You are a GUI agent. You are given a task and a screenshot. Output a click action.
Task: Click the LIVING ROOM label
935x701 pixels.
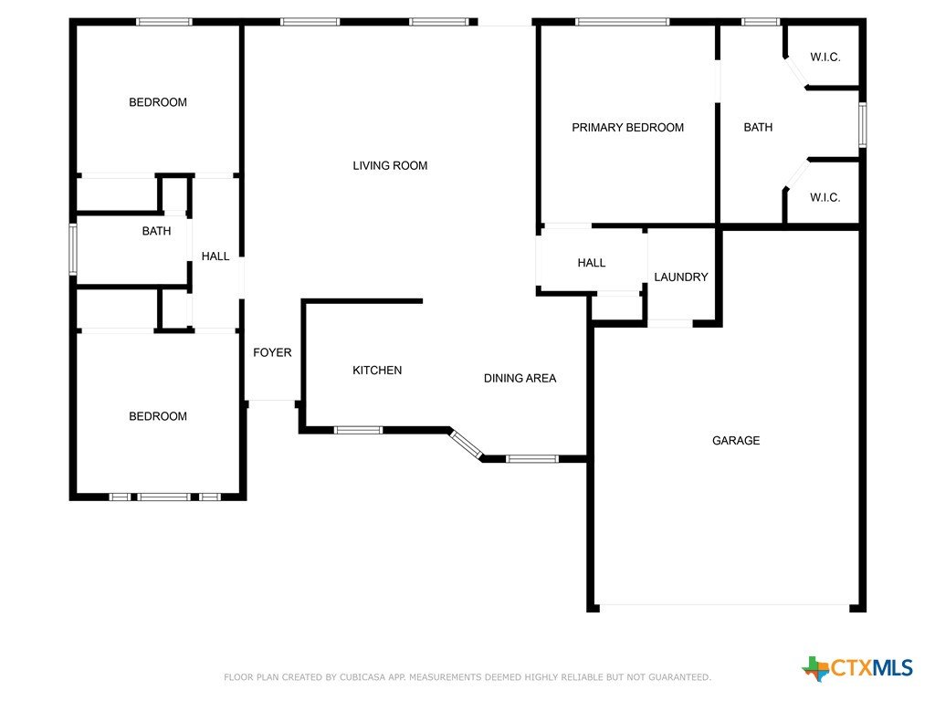click(x=390, y=166)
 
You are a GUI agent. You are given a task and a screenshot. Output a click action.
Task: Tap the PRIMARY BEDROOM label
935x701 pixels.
click(x=628, y=128)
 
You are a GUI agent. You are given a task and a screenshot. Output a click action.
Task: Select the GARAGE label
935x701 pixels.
click(x=736, y=441)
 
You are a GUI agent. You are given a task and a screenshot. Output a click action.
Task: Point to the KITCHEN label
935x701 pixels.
click(x=377, y=371)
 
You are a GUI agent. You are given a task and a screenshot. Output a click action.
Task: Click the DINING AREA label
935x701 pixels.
click(x=520, y=378)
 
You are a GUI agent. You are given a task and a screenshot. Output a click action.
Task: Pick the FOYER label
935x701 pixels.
click(x=272, y=352)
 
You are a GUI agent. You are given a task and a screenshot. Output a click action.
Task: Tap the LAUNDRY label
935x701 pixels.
click(x=681, y=277)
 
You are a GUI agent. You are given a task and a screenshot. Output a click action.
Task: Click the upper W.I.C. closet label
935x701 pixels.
click(x=825, y=58)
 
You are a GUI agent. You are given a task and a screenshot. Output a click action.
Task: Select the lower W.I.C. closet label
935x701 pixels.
click(x=825, y=197)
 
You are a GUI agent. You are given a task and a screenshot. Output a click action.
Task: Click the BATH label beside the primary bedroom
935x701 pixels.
click(x=758, y=128)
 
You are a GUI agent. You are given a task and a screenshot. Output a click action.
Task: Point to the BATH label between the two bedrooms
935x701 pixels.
click(x=156, y=231)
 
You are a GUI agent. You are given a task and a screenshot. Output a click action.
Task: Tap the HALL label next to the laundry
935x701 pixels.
click(x=592, y=263)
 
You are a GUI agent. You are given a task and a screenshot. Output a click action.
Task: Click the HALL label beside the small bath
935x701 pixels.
click(x=215, y=256)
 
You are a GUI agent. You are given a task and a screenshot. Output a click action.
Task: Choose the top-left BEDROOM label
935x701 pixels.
click(x=158, y=102)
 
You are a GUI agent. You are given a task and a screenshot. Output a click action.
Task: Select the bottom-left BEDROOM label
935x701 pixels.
click(x=158, y=416)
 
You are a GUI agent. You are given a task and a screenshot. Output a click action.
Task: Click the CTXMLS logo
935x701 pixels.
click(x=857, y=668)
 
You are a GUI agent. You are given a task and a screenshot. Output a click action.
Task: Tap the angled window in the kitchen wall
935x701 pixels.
click(x=466, y=445)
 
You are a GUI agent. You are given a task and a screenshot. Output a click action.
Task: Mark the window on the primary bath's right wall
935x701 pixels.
click(x=862, y=124)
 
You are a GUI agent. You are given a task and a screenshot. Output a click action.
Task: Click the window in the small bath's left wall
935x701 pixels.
click(x=73, y=249)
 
